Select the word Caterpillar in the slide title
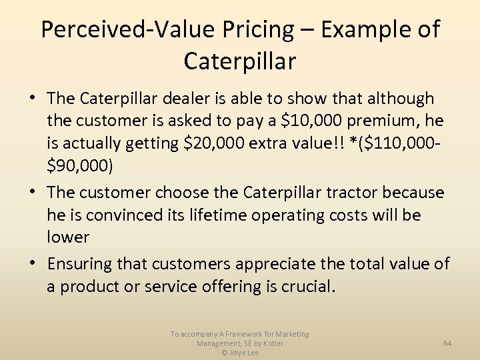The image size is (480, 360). coord(239,61)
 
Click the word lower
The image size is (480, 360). coord(68,237)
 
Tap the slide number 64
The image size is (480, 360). coord(447,343)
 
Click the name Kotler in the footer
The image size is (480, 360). coord(271,343)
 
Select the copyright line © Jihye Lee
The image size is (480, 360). coord(240,353)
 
